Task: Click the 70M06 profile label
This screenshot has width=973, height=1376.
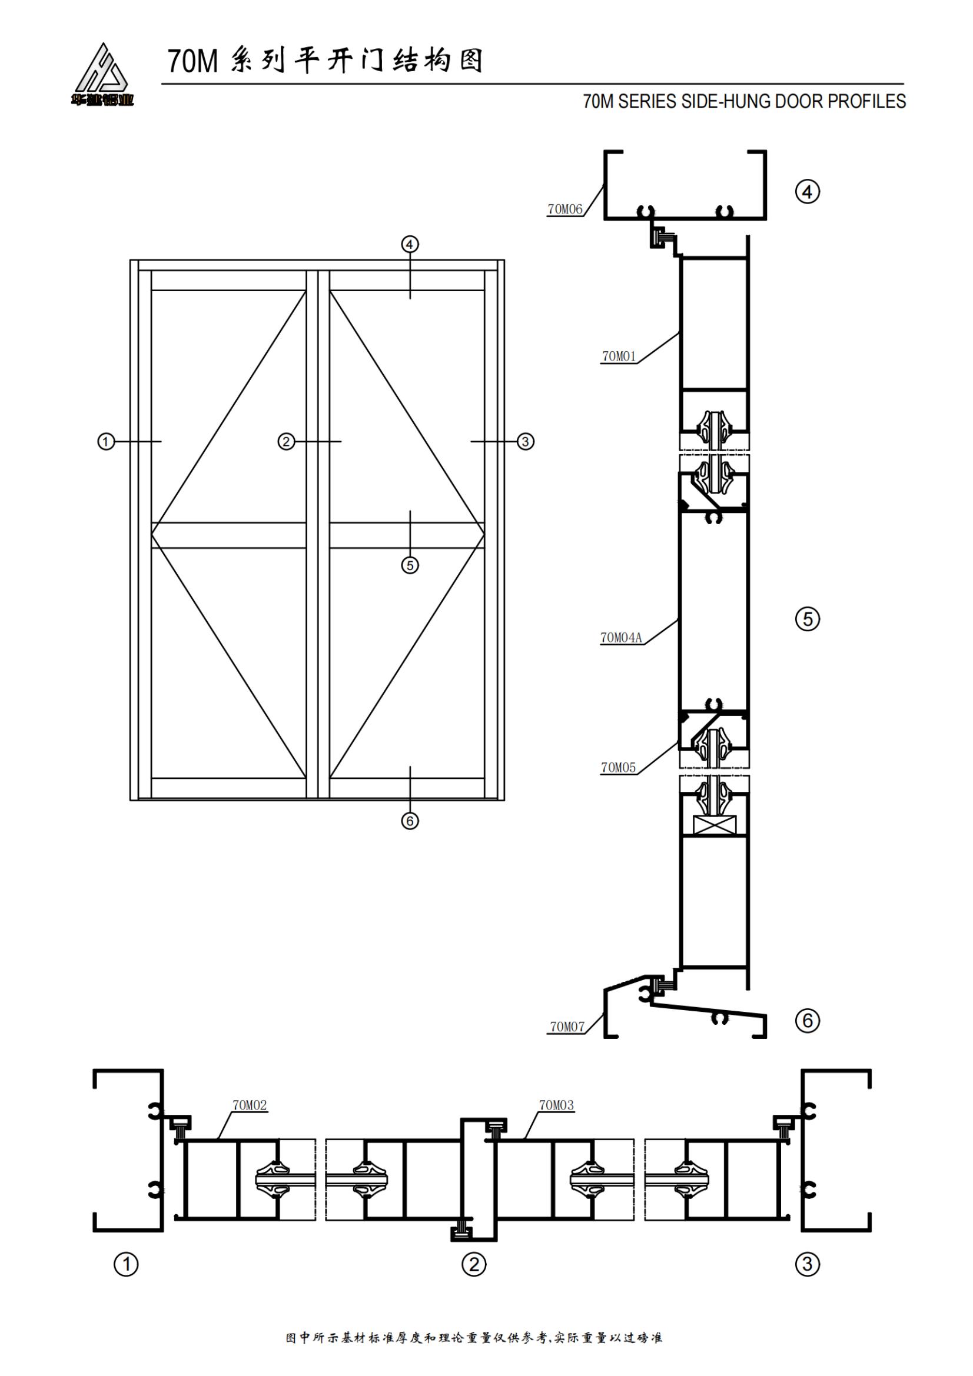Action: tap(564, 209)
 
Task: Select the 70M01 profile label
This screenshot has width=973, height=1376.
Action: tap(619, 357)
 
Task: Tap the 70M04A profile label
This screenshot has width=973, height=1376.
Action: tap(621, 638)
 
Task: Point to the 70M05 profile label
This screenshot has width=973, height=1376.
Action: tap(619, 768)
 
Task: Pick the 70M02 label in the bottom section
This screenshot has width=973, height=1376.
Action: tap(250, 1106)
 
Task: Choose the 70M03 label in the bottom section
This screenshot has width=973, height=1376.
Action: tap(556, 1106)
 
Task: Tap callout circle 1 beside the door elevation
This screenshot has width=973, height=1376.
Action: tap(106, 442)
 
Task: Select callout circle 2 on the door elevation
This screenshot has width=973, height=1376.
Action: tap(286, 442)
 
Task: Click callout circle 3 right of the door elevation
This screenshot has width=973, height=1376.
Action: tap(526, 442)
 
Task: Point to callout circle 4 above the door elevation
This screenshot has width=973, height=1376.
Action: tap(410, 245)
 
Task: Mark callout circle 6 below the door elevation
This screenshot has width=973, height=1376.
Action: tap(410, 821)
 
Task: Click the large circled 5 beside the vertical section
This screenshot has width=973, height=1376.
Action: tap(808, 619)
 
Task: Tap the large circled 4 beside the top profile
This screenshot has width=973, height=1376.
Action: tap(808, 192)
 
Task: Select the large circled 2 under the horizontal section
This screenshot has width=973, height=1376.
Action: tap(474, 1265)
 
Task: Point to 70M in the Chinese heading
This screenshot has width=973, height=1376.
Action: tap(192, 62)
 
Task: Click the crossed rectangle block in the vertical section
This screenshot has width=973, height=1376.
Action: tap(714, 825)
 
